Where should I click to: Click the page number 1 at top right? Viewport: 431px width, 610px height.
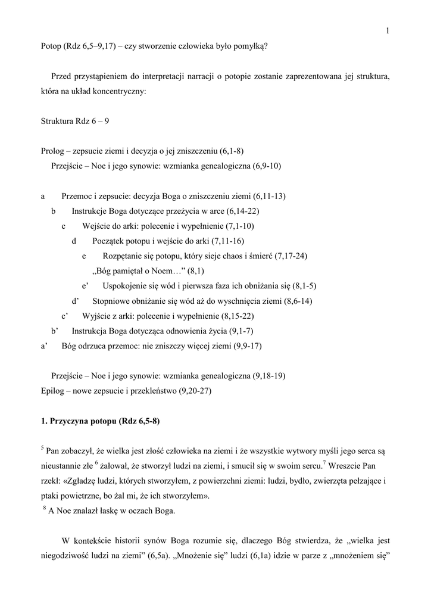coord(387,32)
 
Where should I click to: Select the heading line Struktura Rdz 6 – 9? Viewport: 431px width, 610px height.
coord(75,122)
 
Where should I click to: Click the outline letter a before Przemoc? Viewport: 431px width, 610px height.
coord(43,196)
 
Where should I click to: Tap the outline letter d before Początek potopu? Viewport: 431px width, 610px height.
coord(74,241)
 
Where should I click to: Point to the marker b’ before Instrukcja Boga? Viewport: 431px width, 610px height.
coord(55,330)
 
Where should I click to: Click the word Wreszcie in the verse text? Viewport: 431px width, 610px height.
coord(352,466)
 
